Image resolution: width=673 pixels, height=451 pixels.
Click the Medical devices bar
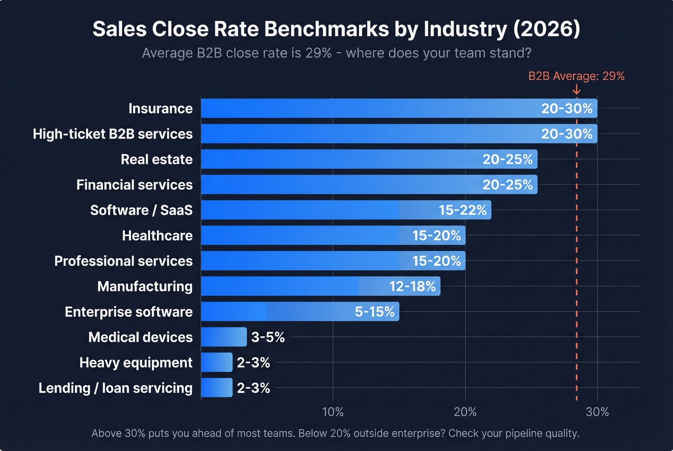click(x=224, y=337)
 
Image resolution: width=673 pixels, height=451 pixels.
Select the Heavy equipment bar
click(x=216, y=363)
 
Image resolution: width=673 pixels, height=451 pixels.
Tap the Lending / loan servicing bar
click(x=216, y=388)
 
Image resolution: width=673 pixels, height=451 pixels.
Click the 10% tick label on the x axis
click(x=333, y=412)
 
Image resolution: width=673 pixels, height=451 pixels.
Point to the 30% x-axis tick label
click(x=597, y=412)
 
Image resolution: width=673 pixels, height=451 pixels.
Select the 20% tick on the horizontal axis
click(x=465, y=412)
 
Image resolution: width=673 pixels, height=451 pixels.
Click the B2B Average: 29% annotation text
click(x=576, y=76)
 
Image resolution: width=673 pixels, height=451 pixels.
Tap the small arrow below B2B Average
click(x=576, y=90)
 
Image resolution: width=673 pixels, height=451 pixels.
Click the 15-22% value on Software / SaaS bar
click(x=462, y=210)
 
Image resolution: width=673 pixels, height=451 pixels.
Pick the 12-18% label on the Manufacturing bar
click(x=412, y=287)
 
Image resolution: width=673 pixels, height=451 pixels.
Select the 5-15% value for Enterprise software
click(x=374, y=312)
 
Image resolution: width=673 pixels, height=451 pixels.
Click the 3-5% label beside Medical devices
click(x=268, y=338)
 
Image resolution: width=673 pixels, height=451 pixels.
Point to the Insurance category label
click(x=160, y=109)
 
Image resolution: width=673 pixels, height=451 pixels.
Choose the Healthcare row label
click(x=157, y=236)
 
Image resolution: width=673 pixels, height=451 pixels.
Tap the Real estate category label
click(x=156, y=159)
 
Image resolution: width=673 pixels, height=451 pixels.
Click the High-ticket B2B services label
click(x=112, y=134)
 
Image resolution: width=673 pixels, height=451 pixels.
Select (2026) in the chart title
click(x=546, y=29)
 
